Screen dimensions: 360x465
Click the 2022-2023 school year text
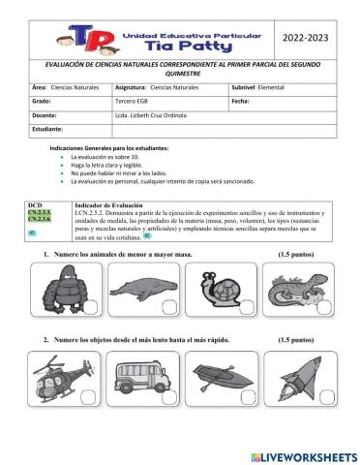[x=305, y=36]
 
